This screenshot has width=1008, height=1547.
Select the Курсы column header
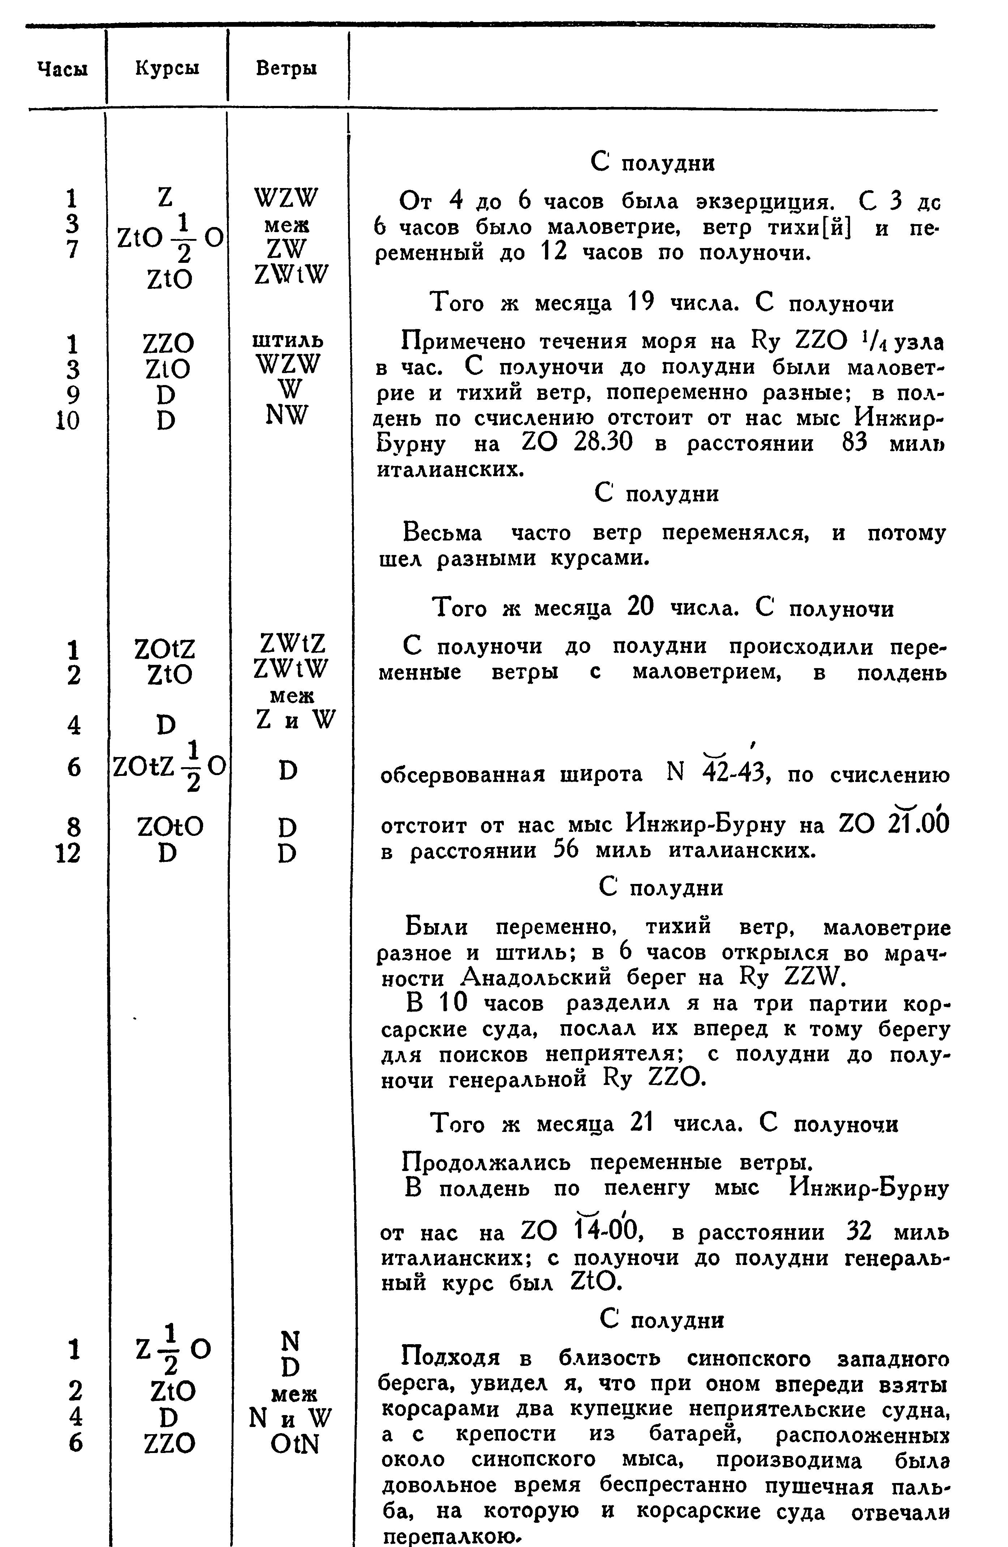tap(167, 68)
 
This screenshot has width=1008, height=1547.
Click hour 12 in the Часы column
tap(69, 853)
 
